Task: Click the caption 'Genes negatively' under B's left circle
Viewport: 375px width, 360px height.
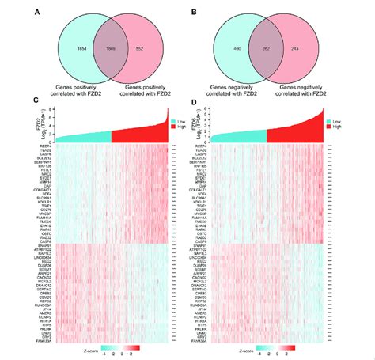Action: pos(234,85)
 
